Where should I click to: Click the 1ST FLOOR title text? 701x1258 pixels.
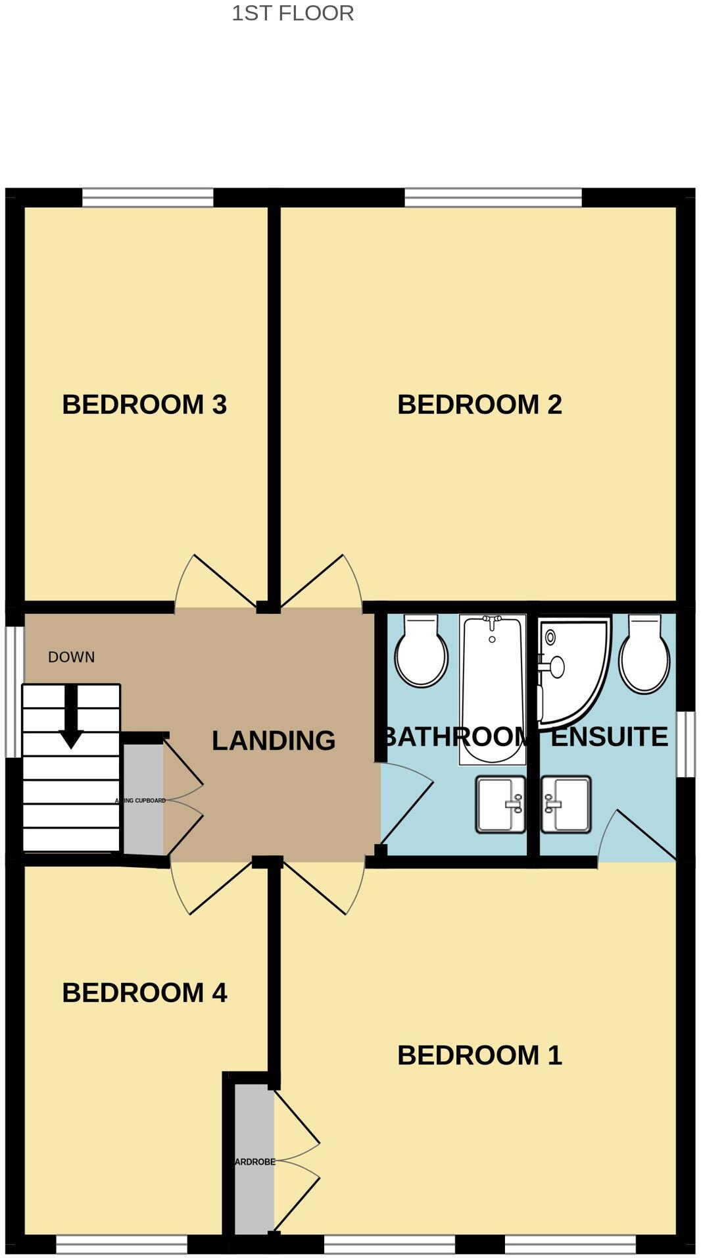pyautogui.click(x=293, y=13)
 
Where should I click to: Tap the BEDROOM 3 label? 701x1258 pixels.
pyautogui.click(x=144, y=404)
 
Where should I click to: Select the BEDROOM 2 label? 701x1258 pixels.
pyautogui.click(x=479, y=404)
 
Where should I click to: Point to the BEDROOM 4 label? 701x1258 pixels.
pyautogui.click(x=144, y=992)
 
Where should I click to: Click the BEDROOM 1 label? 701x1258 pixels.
pyautogui.click(x=479, y=1055)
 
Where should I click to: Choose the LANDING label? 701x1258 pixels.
pyautogui.click(x=274, y=740)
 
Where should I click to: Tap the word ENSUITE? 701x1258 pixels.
pyautogui.click(x=609, y=736)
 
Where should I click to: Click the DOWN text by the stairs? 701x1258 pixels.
pyautogui.click(x=71, y=657)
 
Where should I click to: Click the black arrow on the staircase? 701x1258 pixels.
pyautogui.click(x=71, y=717)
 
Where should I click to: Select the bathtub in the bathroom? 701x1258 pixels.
pyautogui.click(x=492, y=688)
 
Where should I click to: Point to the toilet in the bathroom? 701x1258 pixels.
pyautogui.click(x=421, y=651)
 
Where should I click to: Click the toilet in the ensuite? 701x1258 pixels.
pyautogui.click(x=644, y=655)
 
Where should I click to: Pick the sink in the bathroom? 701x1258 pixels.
pyautogui.click(x=500, y=804)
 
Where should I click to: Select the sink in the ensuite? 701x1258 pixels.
pyautogui.click(x=566, y=804)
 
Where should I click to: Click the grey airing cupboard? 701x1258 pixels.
pyautogui.click(x=143, y=799)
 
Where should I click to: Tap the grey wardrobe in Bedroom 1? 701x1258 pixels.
pyautogui.click(x=254, y=1161)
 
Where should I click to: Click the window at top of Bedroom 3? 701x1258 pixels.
pyautogui.click(x=148, y=197)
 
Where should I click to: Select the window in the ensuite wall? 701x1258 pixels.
pyautogui.click(x=685, y=744)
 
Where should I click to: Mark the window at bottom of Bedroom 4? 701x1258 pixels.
pyautogui.click(x=122, y=1244)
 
